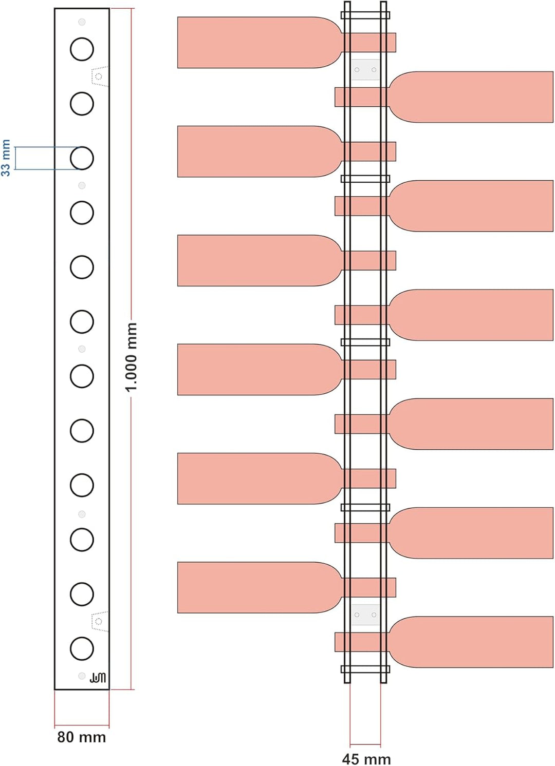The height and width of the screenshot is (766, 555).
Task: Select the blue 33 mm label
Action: click(6, 158)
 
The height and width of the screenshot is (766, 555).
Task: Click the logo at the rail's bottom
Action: click(98, 677)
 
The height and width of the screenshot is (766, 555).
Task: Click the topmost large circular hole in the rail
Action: click(82, 49)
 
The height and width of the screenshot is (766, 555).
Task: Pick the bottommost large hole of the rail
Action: click(82, 649)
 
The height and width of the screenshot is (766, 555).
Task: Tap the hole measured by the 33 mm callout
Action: click(82, 158)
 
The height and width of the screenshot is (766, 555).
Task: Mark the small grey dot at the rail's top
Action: click(82, 22)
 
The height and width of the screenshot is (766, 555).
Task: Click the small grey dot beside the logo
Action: click(82, 676)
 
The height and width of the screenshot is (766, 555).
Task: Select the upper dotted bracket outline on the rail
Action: click(100, 76)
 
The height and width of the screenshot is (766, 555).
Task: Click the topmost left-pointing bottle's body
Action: click(253, 43)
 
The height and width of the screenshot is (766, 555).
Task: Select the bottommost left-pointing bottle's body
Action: click(253, 587)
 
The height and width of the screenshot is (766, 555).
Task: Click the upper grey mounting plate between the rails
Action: click(366, 70)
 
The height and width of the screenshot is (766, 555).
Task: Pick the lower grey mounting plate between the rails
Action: click(366, 615)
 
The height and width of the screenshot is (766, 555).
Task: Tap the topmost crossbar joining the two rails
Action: click(365, 15)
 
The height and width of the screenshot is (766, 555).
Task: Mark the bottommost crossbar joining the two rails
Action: click(365, 669)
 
